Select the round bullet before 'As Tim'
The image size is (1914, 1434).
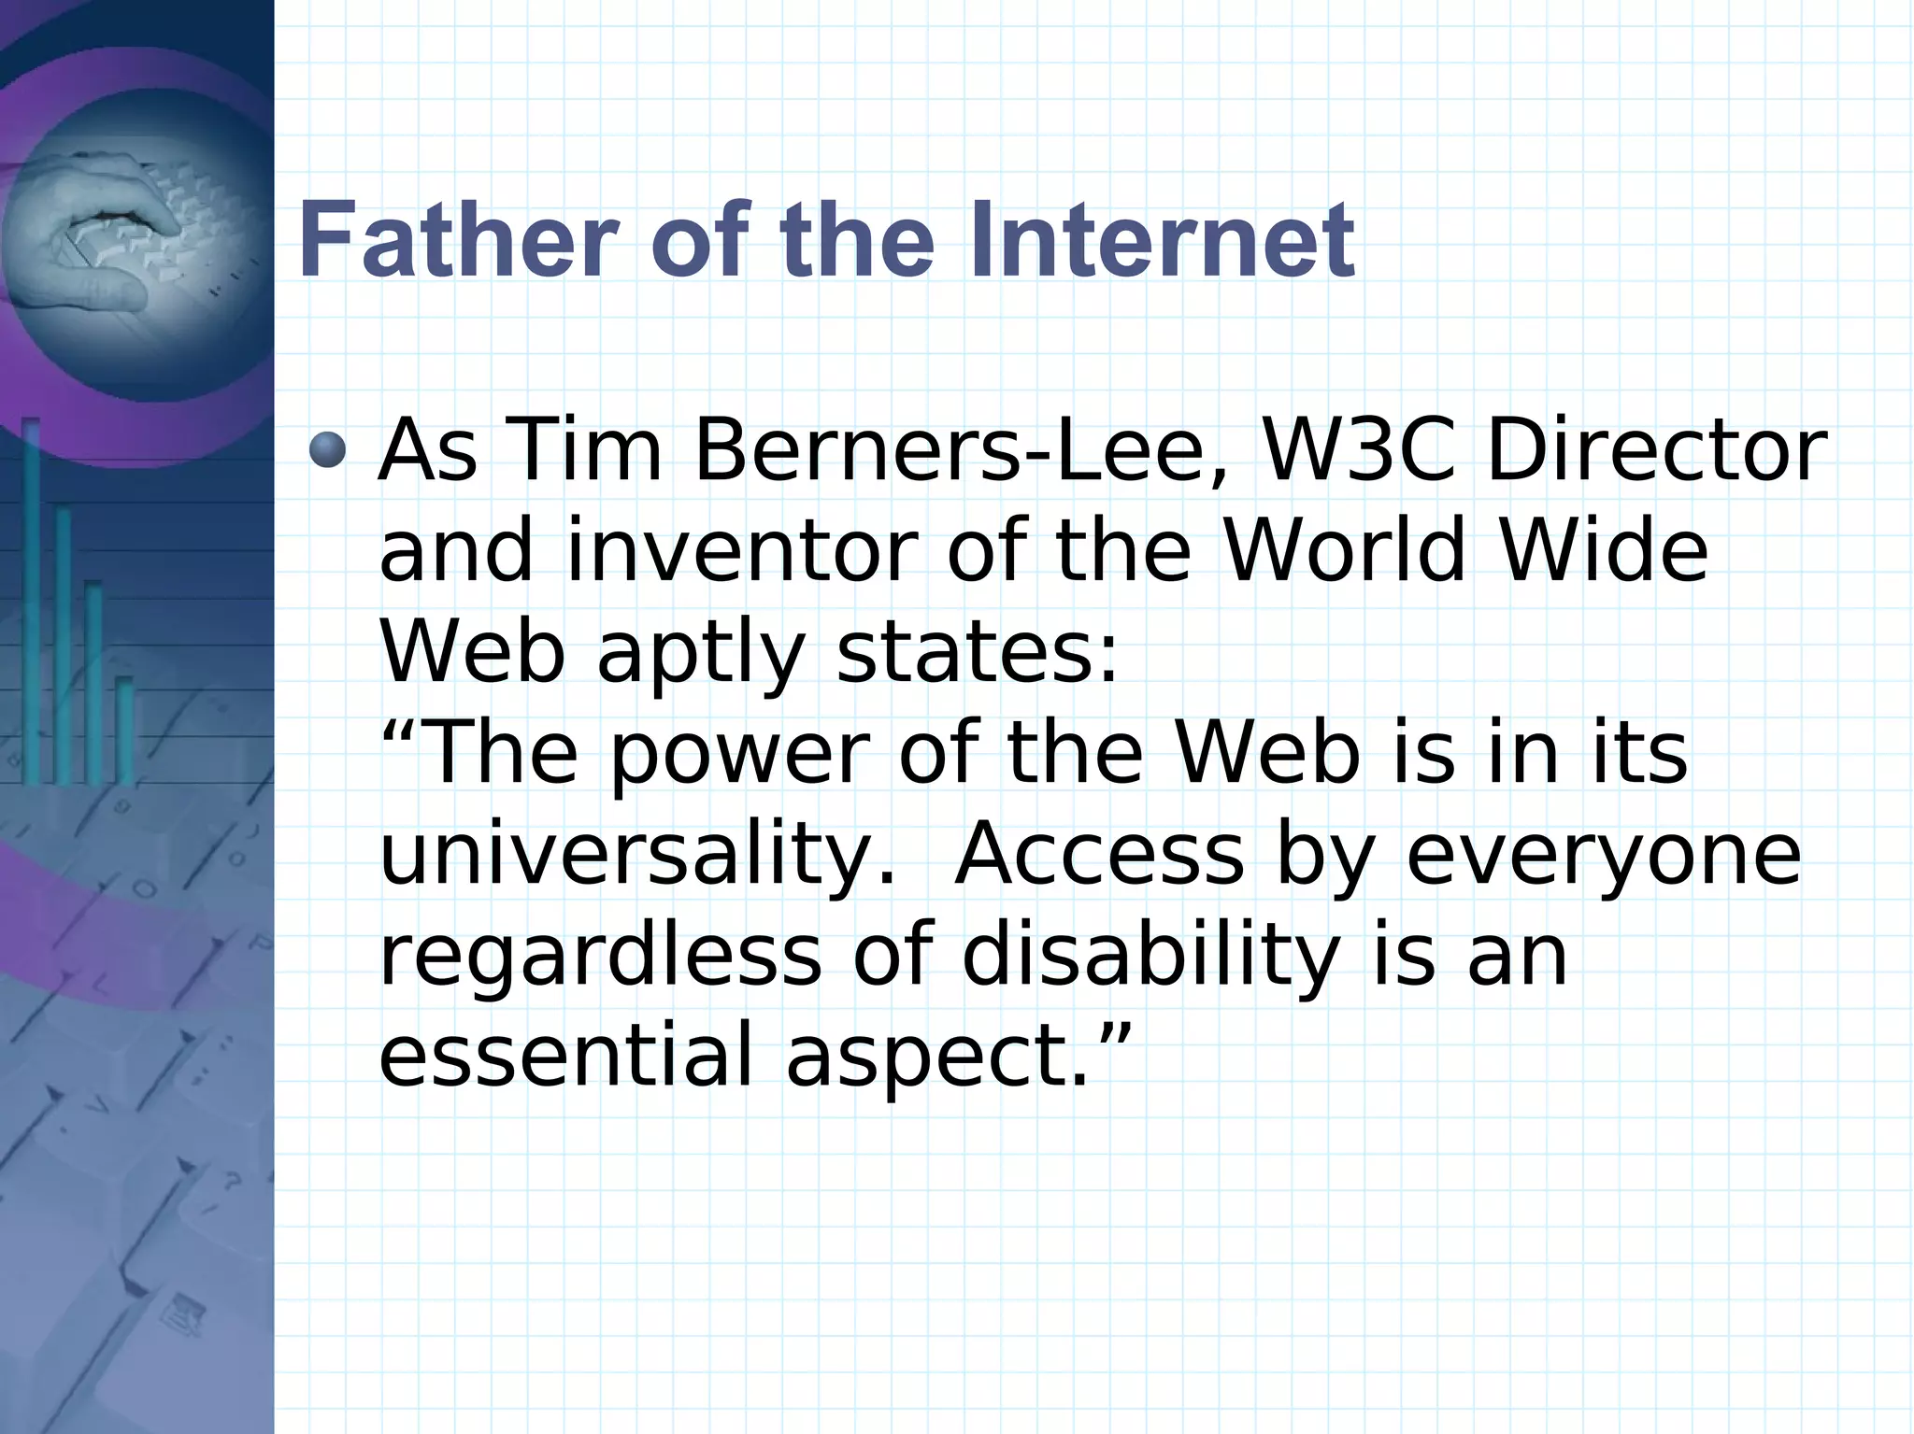pos(327,450)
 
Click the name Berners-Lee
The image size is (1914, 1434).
pos(945,452)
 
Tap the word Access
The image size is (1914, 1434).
pos(1099,856)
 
